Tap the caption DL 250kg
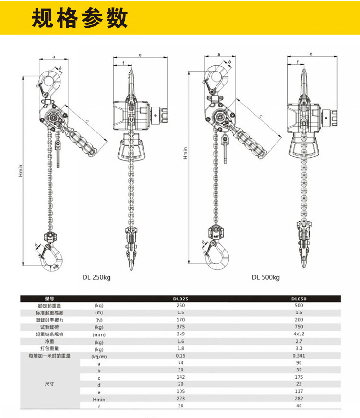96,277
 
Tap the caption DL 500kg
265,277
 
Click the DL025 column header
180,299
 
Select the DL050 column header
299,299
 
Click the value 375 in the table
180,327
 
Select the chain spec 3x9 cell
180,334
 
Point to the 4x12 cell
299,334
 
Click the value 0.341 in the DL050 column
299,356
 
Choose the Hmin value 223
180,399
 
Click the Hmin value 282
299,399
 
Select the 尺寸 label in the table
49,384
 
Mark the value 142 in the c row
180,377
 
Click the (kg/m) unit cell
99,356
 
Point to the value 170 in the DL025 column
180,320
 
